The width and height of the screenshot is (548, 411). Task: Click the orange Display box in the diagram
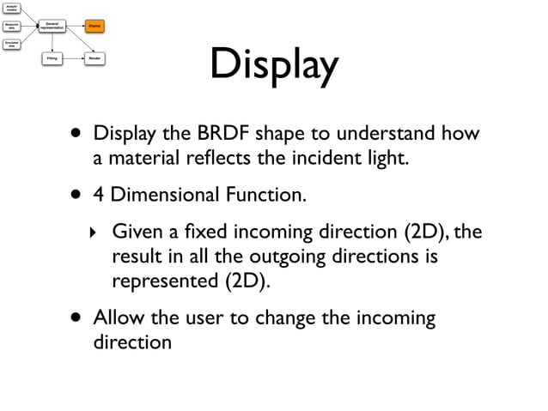94,27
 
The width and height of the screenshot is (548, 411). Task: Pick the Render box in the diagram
94,59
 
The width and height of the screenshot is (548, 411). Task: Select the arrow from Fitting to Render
73,59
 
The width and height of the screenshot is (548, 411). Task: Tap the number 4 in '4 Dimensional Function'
99,196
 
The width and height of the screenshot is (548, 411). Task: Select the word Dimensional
162,196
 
